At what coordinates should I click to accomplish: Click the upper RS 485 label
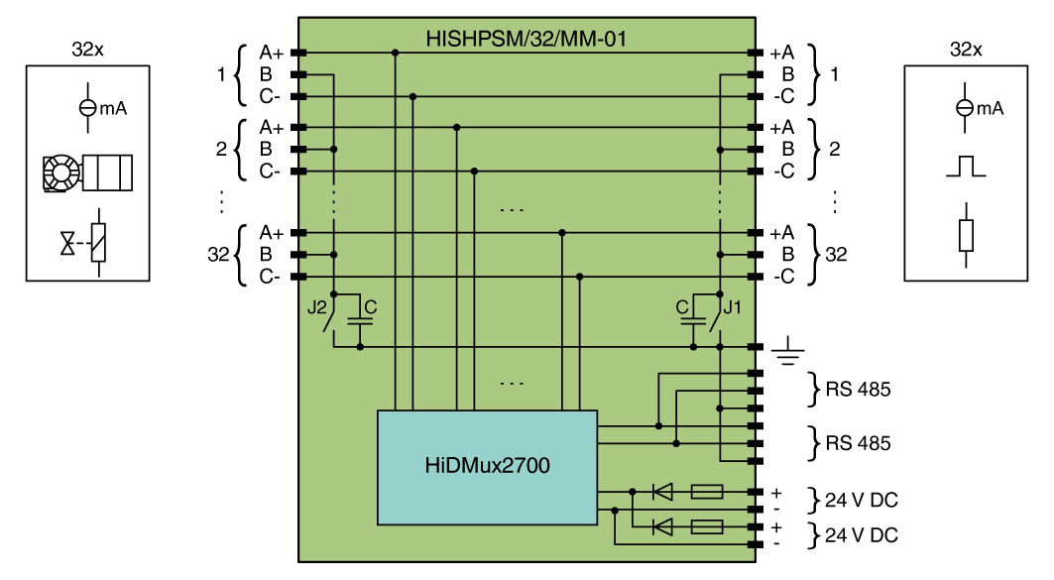point(858,390)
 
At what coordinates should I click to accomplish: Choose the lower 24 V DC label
point(859,535)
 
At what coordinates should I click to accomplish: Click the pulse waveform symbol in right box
point(965,168)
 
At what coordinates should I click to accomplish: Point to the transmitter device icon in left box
point(87,174)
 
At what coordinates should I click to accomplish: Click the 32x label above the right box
point(966,49)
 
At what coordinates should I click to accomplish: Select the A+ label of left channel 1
point(272,52)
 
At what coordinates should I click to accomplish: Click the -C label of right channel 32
point(785,277)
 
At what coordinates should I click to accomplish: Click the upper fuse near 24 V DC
point(706,491)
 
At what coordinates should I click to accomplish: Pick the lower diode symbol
point(660,524)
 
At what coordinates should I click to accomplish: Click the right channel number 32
point(836,255)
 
